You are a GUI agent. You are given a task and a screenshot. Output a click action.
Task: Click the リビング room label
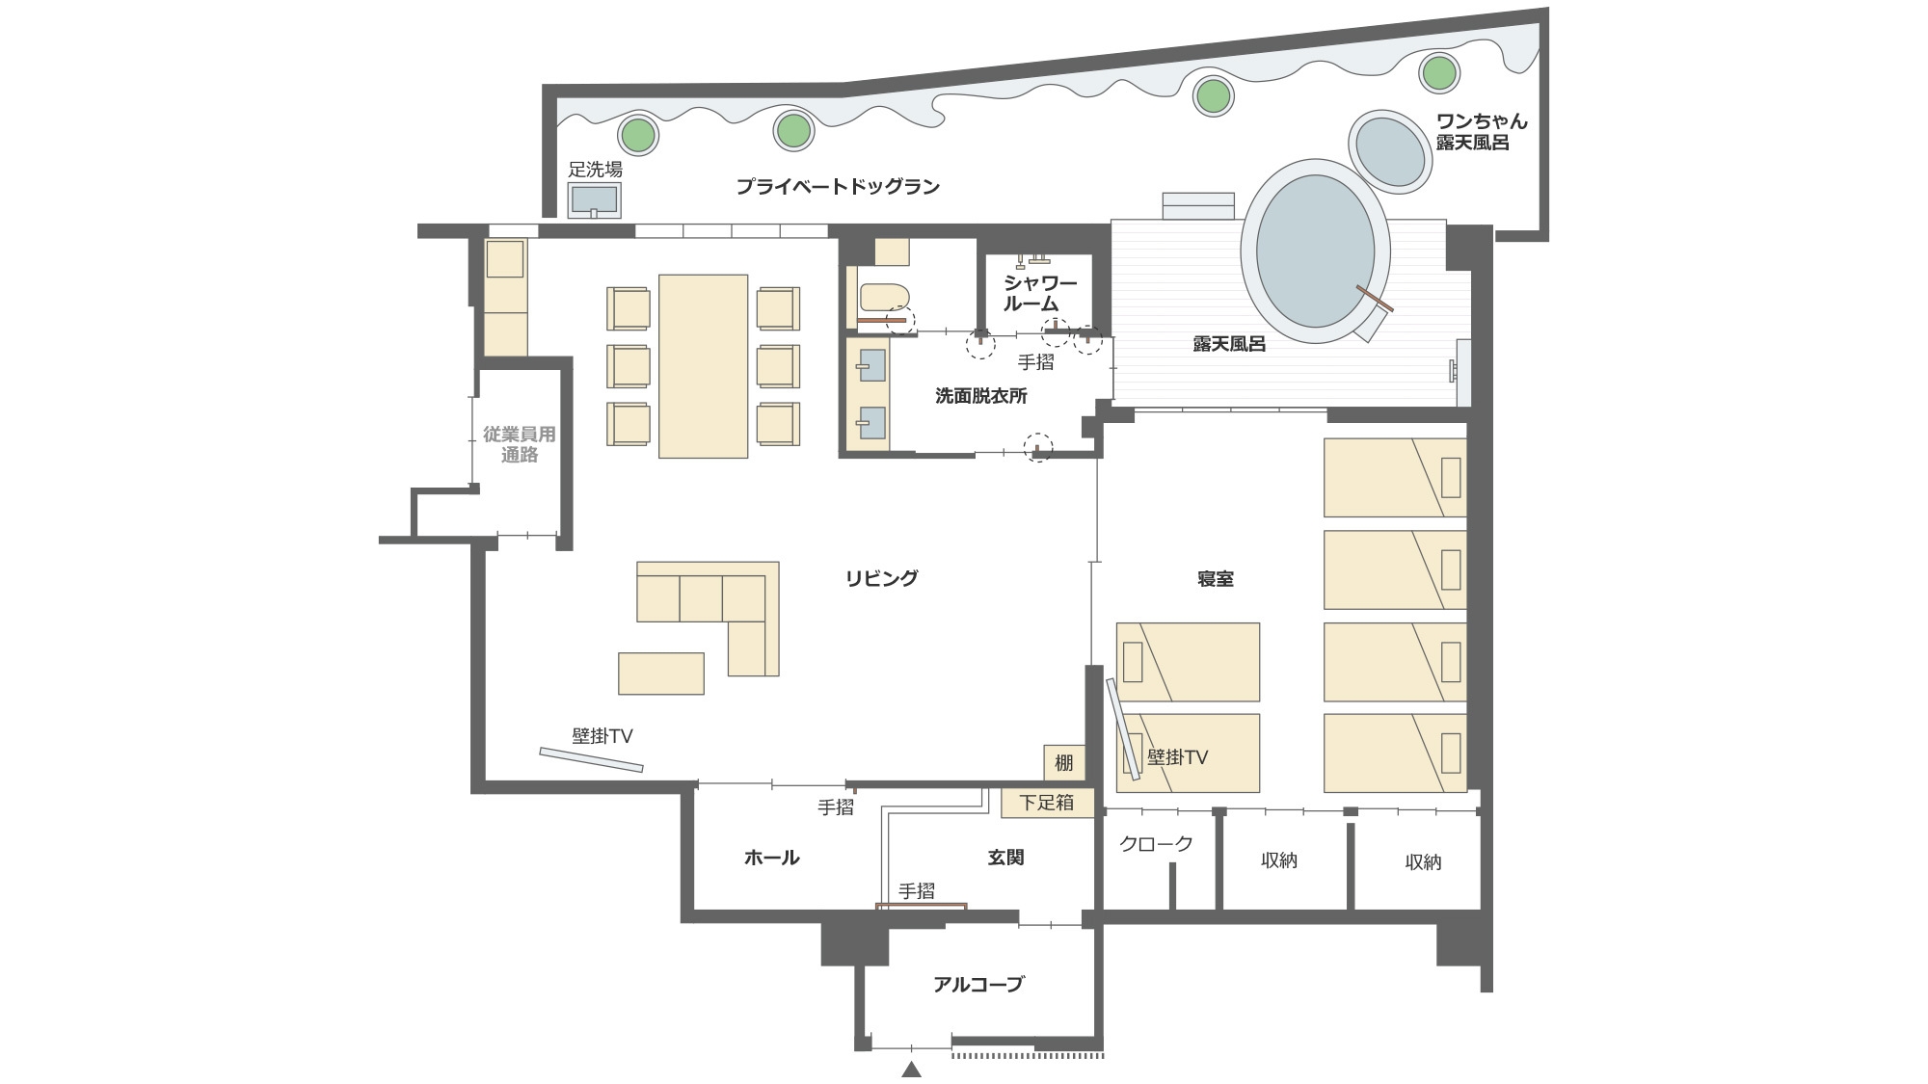[x=881, y=578]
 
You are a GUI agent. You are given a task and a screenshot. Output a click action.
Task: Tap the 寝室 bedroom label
[x=1215, y=579]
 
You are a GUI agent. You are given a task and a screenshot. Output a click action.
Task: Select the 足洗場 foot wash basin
[x=594, y=200]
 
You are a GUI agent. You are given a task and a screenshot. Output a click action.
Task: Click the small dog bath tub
[x=1390, y=151]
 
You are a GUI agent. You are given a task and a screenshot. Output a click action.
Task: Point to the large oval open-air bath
[x=1315, y=251]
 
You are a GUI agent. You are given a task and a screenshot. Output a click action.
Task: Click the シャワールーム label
[x=1039, y=293]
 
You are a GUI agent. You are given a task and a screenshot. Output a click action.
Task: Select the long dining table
[x=703, y=366]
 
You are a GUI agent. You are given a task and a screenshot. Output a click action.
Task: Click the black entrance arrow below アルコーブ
[x=911, y=1069]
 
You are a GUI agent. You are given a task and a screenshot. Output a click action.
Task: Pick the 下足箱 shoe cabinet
[x=1047, y=803]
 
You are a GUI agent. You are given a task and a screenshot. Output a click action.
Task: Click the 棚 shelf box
[x=1063, y=763]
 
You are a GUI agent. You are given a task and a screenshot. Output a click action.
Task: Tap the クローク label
[x=1156, y=844]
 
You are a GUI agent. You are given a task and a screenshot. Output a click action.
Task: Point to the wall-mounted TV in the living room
[x=591, y=759]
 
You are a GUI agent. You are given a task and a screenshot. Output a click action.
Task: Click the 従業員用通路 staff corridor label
[x=519, y=444]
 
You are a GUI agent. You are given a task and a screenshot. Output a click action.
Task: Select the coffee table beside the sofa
[x=660, y=674]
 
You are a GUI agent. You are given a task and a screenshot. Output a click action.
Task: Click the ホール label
[x=771, y=858]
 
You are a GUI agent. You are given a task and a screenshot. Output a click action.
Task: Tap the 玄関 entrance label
[x=1005, y=858]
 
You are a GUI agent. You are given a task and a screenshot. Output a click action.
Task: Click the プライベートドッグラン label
[x=837, y=187]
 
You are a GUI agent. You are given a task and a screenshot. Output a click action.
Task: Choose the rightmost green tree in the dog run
[x=1439, y=72]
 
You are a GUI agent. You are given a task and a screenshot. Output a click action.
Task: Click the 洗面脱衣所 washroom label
[x=981, y=395]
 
